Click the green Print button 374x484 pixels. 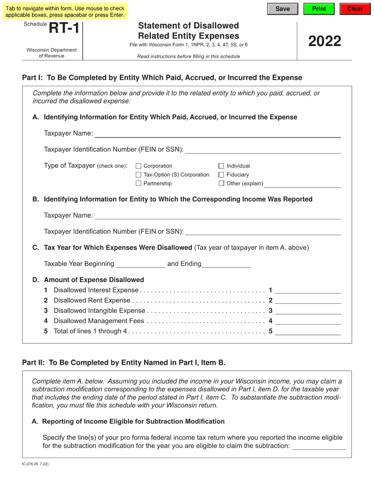[319, 9]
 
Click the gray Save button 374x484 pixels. [282, 9]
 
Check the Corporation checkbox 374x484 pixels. [138, 166]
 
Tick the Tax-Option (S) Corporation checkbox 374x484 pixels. [138, 175]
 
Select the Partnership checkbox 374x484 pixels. [138, 183]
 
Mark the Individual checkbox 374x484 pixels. [221, 166]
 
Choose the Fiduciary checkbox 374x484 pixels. [221, 175]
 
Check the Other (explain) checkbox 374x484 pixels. [221, 183]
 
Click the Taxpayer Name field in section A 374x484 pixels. [218, 133]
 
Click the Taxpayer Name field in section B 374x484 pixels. [218, 215]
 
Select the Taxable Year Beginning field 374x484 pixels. [140, 264]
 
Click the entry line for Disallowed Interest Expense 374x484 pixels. [308, 290]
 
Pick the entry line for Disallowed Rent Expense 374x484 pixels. [308, 301]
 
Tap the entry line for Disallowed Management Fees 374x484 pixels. [308, 321]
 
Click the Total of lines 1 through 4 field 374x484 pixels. [308, 331]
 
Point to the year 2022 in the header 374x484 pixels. [324, 41]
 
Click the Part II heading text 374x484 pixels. [124, 363]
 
